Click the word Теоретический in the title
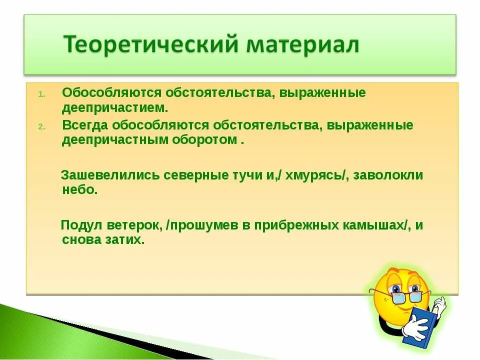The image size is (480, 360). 151,44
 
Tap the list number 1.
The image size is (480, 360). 42,94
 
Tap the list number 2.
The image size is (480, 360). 42,126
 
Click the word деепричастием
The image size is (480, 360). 115,108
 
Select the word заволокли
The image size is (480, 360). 388,175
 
